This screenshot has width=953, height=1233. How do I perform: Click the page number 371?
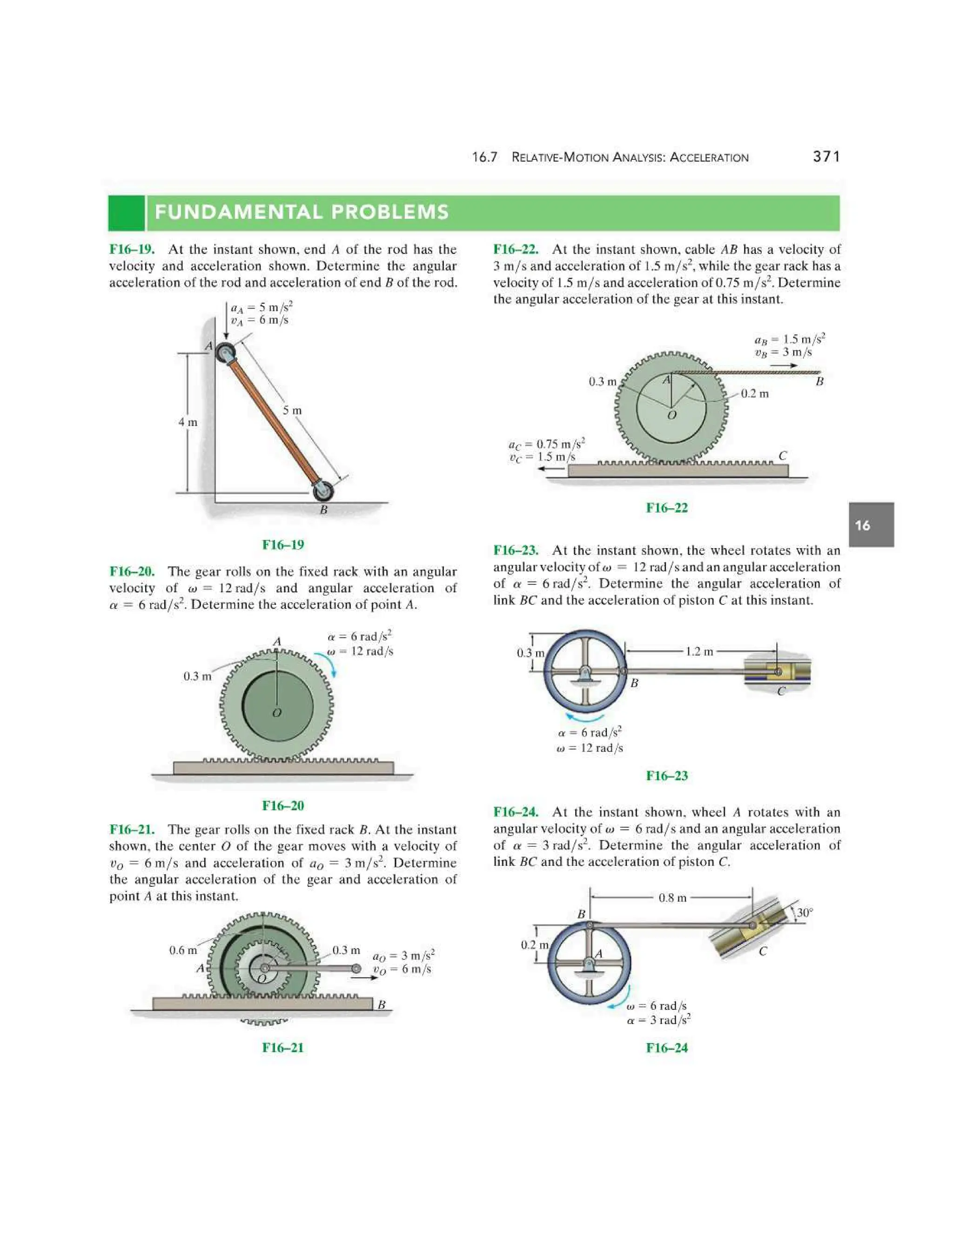(x=826, y=156)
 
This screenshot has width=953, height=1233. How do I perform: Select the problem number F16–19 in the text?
(x=132, y=249)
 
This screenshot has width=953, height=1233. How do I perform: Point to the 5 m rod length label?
(x=292, y=410)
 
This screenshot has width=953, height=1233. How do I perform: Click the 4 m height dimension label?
(x=188, y=422)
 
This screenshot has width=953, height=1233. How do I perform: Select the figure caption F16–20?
(x=283, y=805)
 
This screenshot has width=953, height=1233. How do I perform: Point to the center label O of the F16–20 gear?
(x=277, y=713)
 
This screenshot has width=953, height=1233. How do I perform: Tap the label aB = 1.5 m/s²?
(x=789, y=339)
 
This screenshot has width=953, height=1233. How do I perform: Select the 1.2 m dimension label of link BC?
(x=699, y=651)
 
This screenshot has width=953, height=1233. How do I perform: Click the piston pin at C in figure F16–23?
(x=778, y=672)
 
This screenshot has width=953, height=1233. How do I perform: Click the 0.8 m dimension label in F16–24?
(x=672, y=898)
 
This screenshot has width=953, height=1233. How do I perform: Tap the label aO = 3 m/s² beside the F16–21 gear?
(x=403, y=956)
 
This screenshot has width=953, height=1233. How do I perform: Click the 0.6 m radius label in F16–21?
(x=183, y=950)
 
